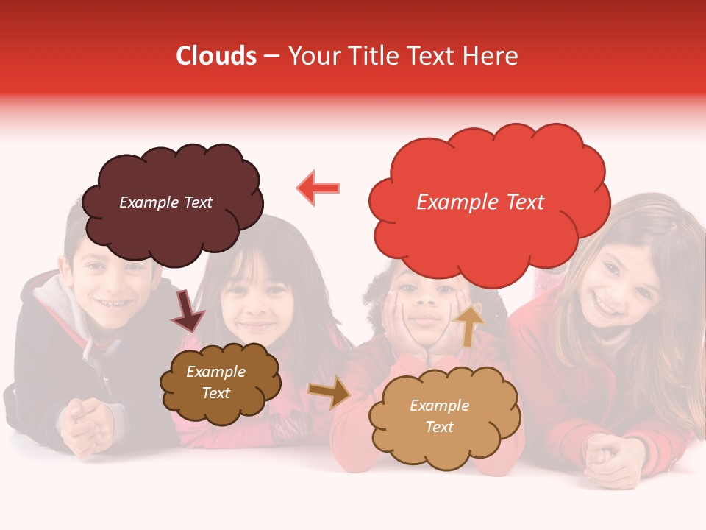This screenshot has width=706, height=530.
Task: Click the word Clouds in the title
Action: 216,56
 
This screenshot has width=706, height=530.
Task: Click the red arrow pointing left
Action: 318,188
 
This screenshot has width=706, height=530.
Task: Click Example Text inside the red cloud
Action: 480,202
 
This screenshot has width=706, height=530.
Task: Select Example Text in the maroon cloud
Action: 165,202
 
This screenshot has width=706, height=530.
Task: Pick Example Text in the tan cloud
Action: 439,416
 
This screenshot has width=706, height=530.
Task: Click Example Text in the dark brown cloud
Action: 215,382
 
